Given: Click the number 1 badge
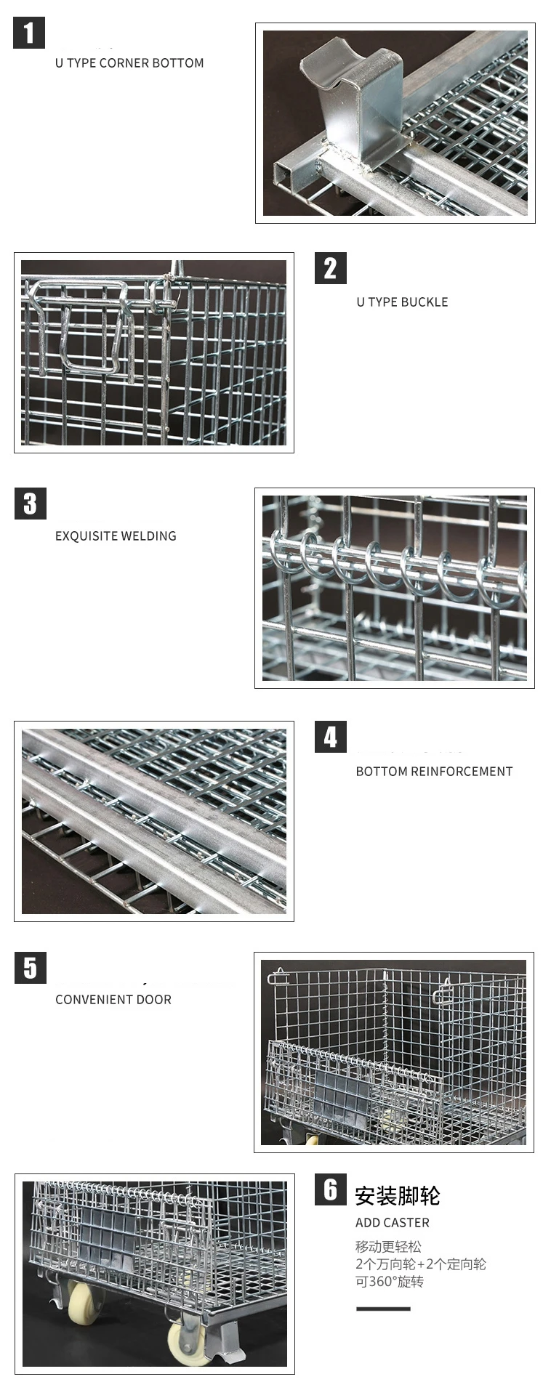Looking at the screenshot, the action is click(29, 33).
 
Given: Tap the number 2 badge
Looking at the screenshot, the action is click(330, 268).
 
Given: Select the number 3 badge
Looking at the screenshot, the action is click(30, 504).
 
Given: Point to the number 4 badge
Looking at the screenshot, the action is click(330, 737).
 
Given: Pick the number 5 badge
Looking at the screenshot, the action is click(30, 968).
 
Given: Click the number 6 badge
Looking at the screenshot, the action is click(330, 1189).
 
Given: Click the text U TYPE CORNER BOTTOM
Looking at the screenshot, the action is click(129, 63).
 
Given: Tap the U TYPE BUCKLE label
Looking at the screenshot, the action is click(402, 302).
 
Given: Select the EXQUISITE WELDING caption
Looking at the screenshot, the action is click(116, 536).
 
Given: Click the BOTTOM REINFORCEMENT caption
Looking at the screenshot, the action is click(434, 772).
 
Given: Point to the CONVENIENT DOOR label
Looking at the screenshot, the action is click(113, 1000).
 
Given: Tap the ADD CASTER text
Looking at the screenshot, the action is click(393, 1223).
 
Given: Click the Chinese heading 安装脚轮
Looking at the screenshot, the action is click(398, 1195).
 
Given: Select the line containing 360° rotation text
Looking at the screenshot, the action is click(390, 1282).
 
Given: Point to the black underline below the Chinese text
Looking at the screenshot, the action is click(383, 1309).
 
